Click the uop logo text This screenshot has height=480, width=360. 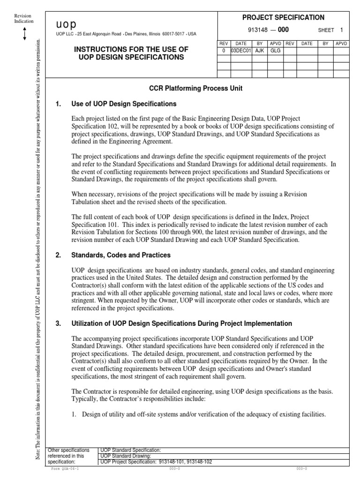pos(66,24)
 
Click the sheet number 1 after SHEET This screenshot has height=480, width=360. pos(342,30)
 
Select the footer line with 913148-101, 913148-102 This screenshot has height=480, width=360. pos(157,461)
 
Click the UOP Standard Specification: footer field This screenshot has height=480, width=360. pos(131,450)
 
